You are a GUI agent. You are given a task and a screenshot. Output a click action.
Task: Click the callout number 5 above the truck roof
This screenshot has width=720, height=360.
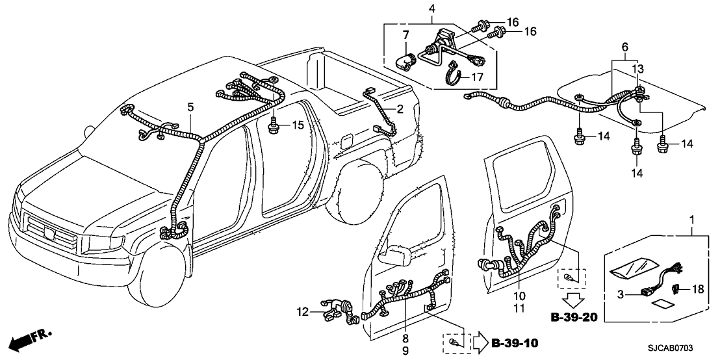pos(190,106)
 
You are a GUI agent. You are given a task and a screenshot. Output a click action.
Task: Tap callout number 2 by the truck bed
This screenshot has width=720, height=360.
pos(400,108)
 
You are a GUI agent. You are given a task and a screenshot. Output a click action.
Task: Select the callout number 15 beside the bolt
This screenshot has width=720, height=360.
pos(296,125)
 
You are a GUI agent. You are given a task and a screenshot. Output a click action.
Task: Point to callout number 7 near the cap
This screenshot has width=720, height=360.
pos(405,34)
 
